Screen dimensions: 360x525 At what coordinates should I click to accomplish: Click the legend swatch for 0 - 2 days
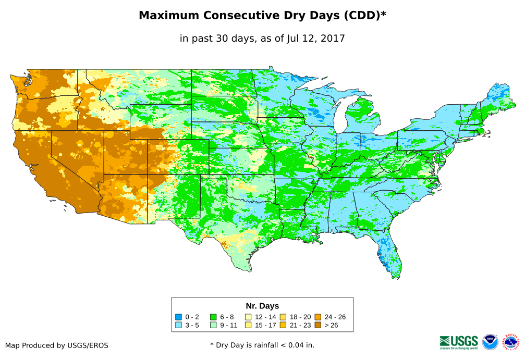point(178,317)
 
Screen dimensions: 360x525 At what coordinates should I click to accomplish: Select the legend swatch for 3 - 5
point(178,325)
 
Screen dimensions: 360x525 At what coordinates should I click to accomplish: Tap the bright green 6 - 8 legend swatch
point(213,317)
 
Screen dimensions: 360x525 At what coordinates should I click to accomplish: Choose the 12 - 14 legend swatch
point(248,317)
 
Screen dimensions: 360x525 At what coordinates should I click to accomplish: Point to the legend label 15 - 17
point(266,325)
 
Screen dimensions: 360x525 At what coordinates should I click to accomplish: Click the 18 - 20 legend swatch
point(283,317)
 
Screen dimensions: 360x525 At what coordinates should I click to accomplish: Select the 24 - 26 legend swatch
point(318,317)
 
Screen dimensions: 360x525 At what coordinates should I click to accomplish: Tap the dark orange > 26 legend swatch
point(318,325)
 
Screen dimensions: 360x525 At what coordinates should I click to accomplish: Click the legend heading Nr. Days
point(262,306)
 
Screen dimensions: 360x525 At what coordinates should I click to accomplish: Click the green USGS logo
point(459,342)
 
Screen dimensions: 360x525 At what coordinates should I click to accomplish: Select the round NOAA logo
point(490,342)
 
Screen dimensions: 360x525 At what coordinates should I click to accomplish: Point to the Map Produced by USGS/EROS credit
point(57,345)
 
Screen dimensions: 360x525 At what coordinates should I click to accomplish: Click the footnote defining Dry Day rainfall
point(262,345)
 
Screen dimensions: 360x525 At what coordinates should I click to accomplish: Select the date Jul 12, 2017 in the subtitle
point(315,38)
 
